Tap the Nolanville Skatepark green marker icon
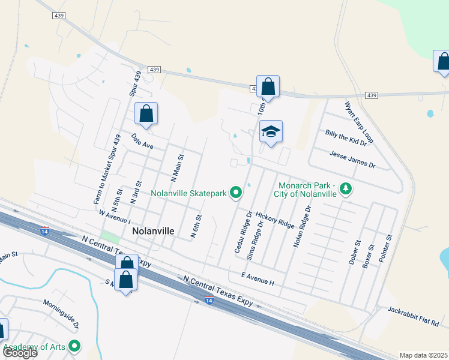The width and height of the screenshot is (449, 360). click(236, 193)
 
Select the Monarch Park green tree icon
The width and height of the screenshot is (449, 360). click(346, 190)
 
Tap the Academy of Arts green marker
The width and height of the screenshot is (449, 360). click(74, 346)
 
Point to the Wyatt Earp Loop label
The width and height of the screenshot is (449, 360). click(358, 122)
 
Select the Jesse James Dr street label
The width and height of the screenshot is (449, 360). click(352, 159)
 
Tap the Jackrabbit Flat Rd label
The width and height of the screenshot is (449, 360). click(413, 316)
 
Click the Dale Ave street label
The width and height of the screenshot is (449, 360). click(143, 141)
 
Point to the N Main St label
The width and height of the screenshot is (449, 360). click(177, 167)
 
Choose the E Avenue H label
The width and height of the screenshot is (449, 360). click(257, 278)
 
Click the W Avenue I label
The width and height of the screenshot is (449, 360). click(115, 214)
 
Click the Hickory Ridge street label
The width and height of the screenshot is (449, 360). click(275, 219)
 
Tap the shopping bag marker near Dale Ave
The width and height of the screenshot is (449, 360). click(146, 113)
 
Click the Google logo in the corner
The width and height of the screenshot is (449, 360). click(20, 353)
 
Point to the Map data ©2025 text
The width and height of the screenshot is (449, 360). click(423, 355)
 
